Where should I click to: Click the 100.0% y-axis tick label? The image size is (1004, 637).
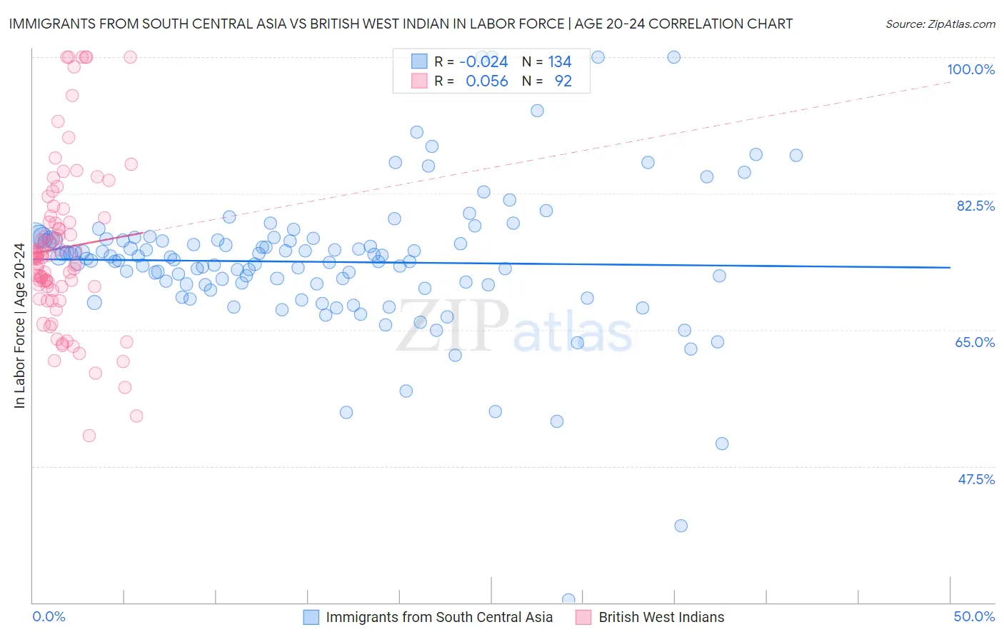(x=970, y=69)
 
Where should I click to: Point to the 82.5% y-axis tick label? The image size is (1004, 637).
(x=975, y=206)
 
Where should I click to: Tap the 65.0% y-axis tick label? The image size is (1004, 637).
(x=975, y=342)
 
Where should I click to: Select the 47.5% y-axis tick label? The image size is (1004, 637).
(x=975, y=479)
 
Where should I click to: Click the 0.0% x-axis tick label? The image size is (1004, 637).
(x=49, y=616)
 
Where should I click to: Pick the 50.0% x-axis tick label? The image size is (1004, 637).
(x=974, y=616)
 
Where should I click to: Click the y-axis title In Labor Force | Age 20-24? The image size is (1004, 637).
(x=19, y=326)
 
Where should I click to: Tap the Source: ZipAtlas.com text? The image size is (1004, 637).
(x=940, y=24)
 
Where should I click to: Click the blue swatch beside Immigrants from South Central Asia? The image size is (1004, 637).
(x=311, y=617)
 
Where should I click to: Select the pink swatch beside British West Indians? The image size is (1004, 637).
(x=583, y=617)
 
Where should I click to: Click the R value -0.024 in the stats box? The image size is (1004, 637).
(x=483, y=61)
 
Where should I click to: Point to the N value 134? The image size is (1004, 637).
(x=560, y=61)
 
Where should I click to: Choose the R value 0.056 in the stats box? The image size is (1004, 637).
(x=486, y=81)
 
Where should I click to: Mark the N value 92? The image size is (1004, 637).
(x=563, y=81)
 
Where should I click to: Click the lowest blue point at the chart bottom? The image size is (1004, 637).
(x=568, y=600)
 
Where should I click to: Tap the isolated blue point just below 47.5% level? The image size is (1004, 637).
(x=681, y=526)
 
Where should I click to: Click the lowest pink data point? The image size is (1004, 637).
(x=89, y=436)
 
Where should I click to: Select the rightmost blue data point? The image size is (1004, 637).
(x=796, y=155)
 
